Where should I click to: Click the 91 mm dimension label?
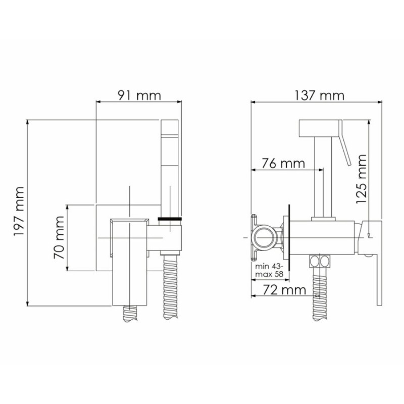click(139, 95)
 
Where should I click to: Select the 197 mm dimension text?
click(19, 211)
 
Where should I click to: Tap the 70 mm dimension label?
click(59, 237)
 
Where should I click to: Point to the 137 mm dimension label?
click(319, 95)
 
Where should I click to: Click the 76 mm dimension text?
click(283, 163)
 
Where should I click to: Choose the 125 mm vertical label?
click(361, 179)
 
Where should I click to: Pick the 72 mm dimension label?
click(284, 290)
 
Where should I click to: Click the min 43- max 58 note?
click(269, 270)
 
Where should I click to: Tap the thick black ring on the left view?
click(170, 219)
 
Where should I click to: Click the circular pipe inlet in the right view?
click(264, 237)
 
